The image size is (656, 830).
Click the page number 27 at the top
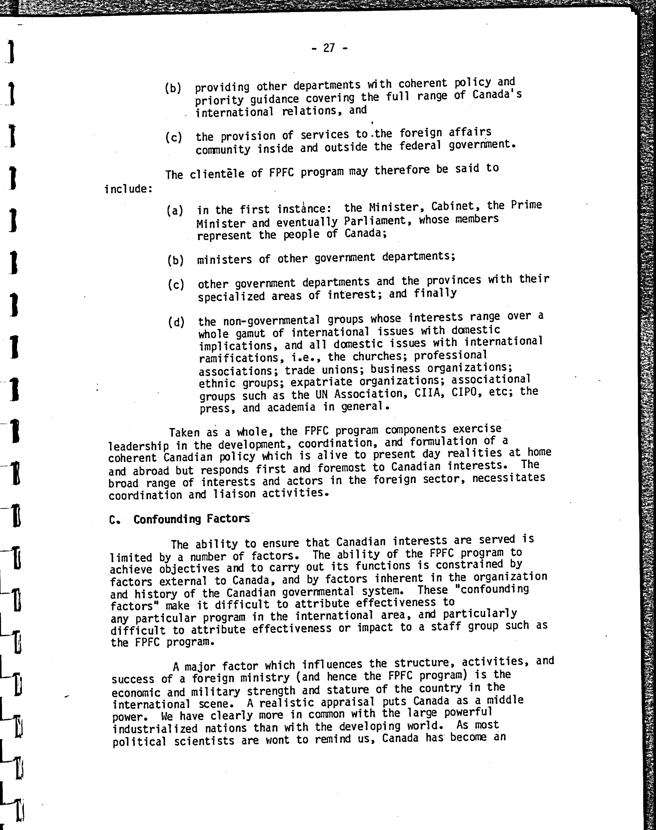[x=329, y=48]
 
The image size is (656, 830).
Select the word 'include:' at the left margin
[x=128, y=189]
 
